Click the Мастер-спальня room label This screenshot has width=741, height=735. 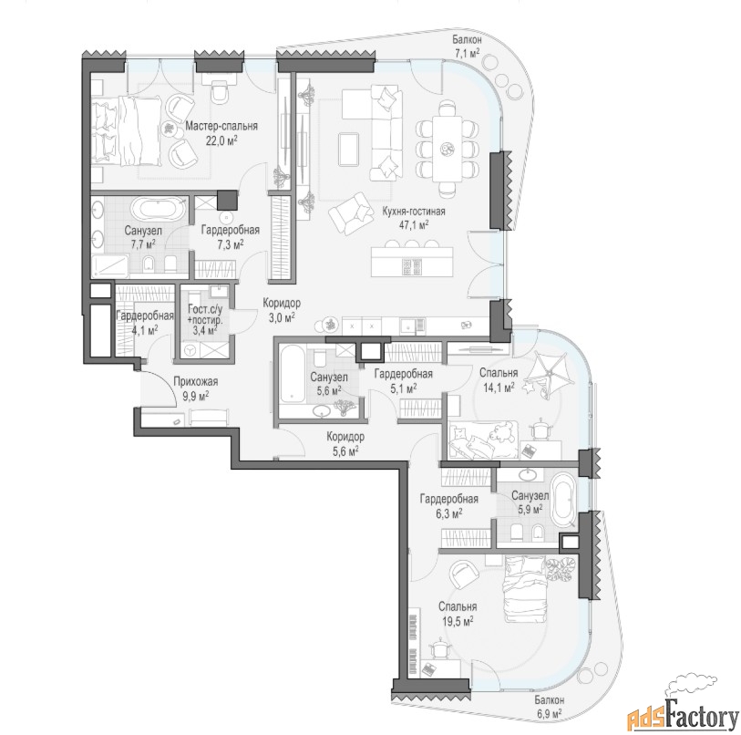[x=221, y=126]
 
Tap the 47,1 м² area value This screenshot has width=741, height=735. [x=414, y=224]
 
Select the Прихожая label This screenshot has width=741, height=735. [x=196, y=381]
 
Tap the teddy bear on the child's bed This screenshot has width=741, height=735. [x=502, y=431]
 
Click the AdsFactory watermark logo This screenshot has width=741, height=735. [x=683, y=708]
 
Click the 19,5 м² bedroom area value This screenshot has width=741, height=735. [x=457, y=620]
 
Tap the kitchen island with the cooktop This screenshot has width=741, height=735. [x=412, y=262]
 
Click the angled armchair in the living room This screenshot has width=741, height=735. [x=350, y=212]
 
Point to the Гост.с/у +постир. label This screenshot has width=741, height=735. [x=205, y=314]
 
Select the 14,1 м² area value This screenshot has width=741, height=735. [x=499, y=388]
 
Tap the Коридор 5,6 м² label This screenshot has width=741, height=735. [x=345, y=444]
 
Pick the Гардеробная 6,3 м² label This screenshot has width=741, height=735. [x=449, y=505]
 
